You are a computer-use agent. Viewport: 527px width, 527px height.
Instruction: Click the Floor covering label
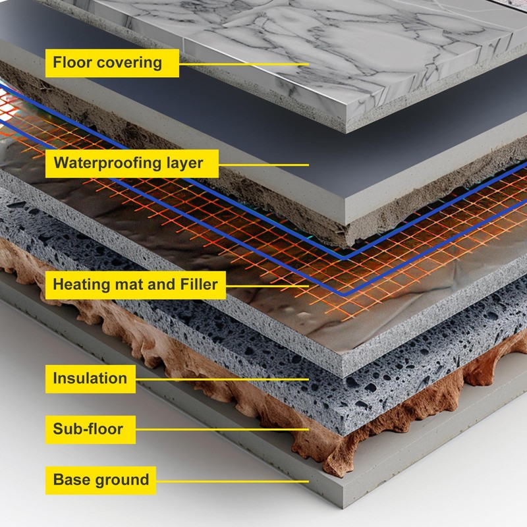107,63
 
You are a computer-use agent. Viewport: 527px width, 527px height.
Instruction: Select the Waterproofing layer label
128,163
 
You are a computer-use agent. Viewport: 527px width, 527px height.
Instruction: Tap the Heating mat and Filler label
135,285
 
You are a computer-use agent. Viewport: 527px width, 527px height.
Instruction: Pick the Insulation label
90,378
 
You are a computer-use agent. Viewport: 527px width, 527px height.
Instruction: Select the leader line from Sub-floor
224,430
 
